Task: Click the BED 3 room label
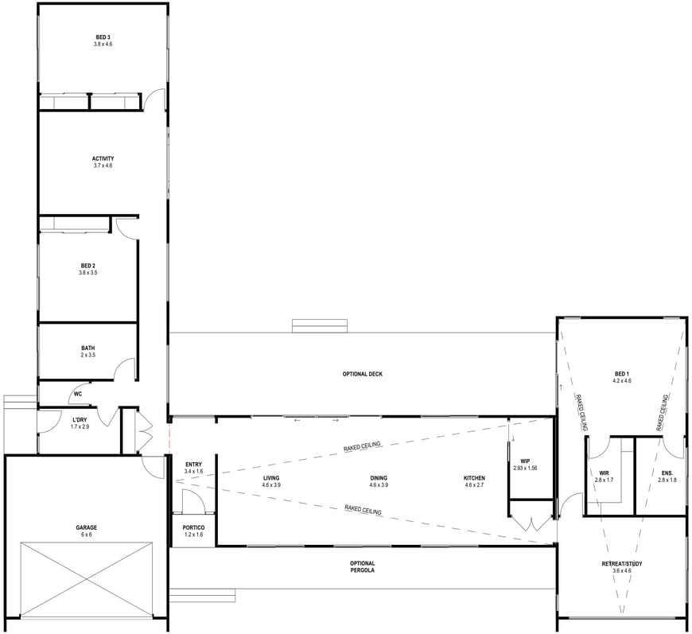click(103, 37)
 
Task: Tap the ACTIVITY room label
click(103, 159)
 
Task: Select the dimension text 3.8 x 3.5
click(87, 273)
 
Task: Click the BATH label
click(87, 348)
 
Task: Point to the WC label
click(78, 394)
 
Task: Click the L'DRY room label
click(80, 420)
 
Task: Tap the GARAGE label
click(87, 527)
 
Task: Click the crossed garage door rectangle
click(87, 579)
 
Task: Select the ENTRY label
click(194, 465)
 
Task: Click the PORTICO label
click(194, 527)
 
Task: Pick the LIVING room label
click(271, 478)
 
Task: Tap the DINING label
click(379, 478)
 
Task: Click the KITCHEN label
click(474, 478)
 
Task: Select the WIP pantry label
click(525, 461)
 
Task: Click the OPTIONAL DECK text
click(363, 375)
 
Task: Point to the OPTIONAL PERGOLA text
click(363, 567)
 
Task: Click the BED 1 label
click(622, 374)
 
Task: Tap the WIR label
click(605, 473)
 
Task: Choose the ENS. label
click(667, 473)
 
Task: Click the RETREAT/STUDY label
click(622, 564)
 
